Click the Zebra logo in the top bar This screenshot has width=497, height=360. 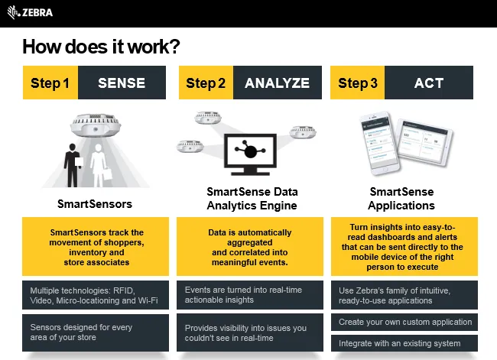30,12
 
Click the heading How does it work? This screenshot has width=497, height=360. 100,47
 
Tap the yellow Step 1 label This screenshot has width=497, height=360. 50,83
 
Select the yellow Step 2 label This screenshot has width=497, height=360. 206,83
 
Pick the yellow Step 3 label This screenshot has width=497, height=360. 358,83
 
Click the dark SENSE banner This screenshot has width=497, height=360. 122,83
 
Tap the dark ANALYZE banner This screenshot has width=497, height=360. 277,83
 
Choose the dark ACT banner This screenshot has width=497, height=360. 428,83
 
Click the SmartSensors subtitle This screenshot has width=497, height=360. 95,204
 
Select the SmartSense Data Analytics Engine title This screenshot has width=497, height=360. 252,199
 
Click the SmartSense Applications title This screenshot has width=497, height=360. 401,199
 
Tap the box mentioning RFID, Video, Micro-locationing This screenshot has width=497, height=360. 95,296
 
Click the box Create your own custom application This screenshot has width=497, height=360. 405,322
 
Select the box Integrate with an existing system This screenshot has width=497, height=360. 405,343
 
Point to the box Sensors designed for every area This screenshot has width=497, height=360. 95,332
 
